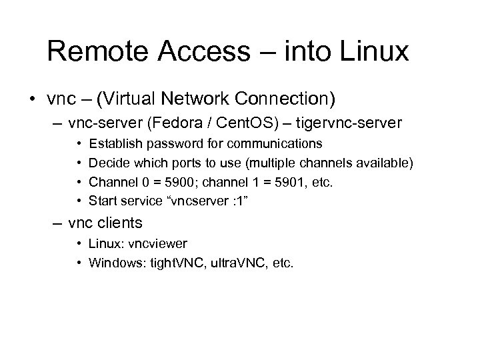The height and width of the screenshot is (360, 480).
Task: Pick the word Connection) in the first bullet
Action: click(x=291, y=100)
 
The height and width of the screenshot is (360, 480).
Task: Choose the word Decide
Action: click(x=107, y=162)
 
